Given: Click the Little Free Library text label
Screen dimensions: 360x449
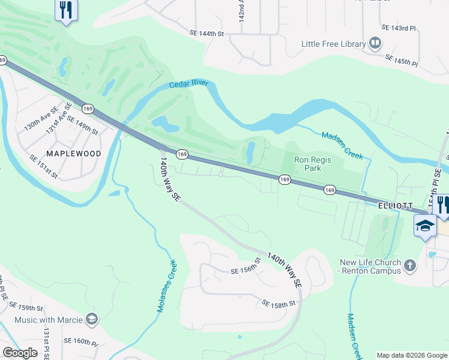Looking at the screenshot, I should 334,44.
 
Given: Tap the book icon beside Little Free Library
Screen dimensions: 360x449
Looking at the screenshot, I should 375,43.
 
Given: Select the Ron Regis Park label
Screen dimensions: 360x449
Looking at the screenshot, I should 308,164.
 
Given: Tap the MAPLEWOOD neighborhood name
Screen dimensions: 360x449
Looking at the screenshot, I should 74,154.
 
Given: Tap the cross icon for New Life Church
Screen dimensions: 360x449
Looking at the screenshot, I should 409,265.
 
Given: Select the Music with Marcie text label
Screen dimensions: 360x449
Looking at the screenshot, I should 48,320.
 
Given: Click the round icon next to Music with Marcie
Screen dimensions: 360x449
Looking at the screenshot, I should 92,319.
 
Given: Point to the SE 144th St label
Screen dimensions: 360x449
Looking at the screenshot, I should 206,34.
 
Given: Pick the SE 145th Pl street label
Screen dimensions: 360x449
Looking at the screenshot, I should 401,61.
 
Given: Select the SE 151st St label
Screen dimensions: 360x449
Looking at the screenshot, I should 43,166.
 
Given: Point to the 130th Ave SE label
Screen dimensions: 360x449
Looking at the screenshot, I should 40,119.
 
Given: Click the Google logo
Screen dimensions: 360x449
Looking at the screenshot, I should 20,353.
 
